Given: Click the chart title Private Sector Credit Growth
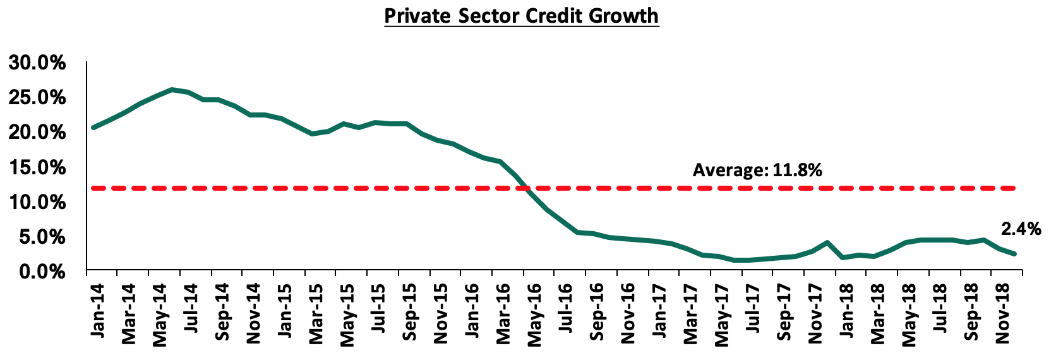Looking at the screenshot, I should (x=521, y=15).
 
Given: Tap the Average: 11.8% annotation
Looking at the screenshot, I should (x=757, y=170).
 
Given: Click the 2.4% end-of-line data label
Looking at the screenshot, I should (x=1021, y=229).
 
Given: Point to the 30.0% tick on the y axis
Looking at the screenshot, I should (x=37, y=63).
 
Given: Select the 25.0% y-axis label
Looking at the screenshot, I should (x=37, y=98).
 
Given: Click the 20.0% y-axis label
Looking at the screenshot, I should (x=37, y=133).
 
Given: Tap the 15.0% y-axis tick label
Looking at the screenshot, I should (x=37, y=167).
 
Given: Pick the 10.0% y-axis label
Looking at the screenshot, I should (x=37, y=202).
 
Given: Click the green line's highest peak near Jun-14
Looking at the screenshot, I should (x=172, y=90).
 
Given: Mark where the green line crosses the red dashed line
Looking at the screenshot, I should (x=525, y=188).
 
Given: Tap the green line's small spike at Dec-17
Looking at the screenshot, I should (x=827, y=243).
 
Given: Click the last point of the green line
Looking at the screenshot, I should (x=1015, y=254).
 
